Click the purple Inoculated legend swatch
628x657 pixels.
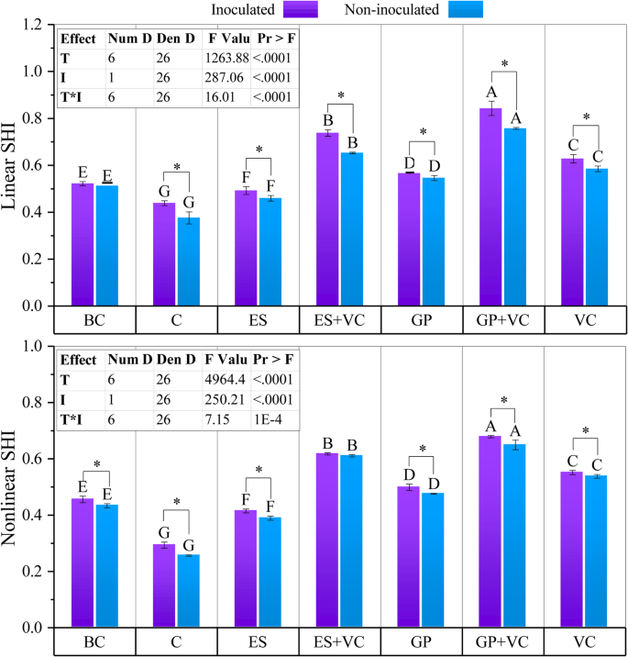(301, 9)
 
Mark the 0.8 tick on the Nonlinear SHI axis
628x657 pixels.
(35, 402)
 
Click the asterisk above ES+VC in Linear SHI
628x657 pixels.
(341, 95)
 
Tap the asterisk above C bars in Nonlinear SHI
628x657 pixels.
(177, 502)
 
